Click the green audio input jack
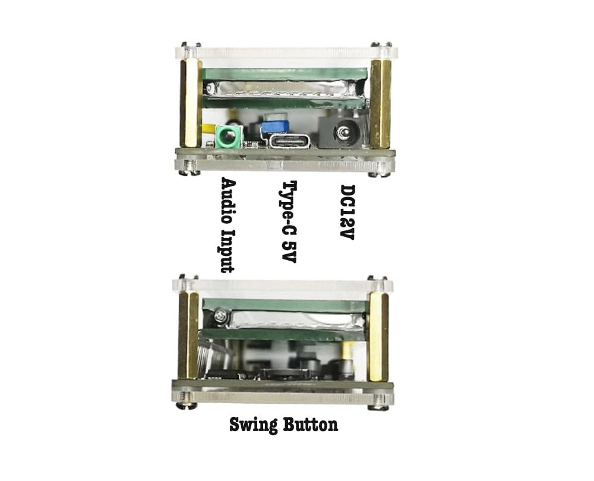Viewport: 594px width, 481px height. pyautogui.click(x=229, y=137)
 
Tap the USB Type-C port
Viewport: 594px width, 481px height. pyautogui.click(x=290, y=142)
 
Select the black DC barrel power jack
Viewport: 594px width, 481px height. pyautogui.click(x=343, y=133)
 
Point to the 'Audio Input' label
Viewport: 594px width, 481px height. pyautogui.click(x=228, y=225)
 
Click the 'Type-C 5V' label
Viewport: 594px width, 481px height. pyautogui.click(x=290, y=221)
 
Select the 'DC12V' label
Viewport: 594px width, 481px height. pyautogui.click(x=347, y=213)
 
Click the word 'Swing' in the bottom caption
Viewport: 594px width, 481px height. pyautogui.click(x=254, y=425)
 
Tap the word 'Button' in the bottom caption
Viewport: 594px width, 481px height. pyautogui.click(x=310, y=425)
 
